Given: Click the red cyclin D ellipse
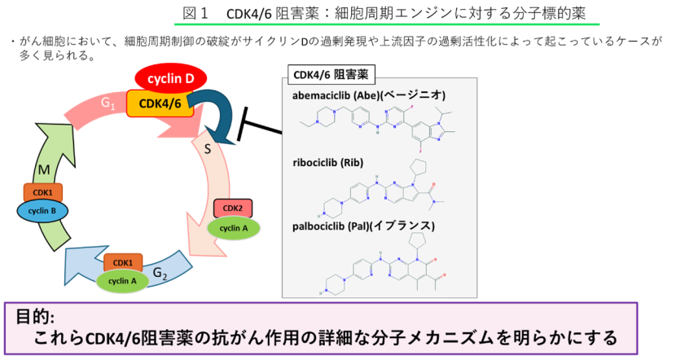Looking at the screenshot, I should (x=170, y=79).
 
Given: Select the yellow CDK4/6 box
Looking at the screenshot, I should (x=160, y=103).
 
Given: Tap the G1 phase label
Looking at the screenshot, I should (x=109, y=104).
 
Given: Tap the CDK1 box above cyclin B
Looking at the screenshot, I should (x=42, y=193).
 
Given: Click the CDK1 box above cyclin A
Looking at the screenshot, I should (x=123, y=262).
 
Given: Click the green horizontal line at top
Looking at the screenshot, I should (x=387, y=24).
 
